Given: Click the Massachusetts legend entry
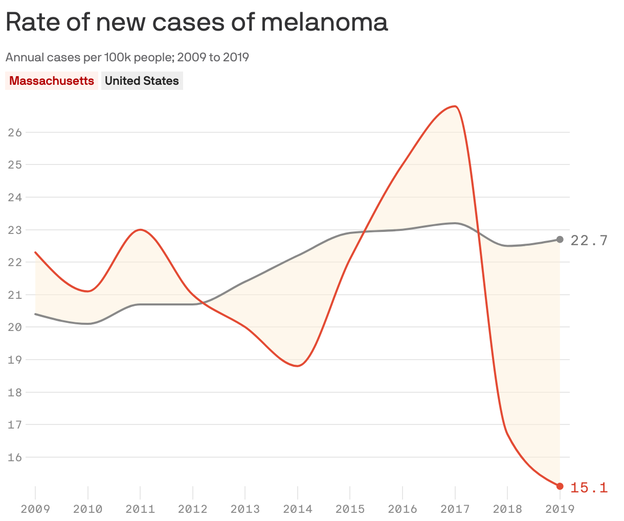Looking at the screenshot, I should (x=52, y=81).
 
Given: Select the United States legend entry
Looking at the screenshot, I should (x=142, y=81).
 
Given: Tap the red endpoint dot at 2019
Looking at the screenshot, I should (x=560, y=486).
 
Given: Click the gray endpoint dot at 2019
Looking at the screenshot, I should (x=560, y=240).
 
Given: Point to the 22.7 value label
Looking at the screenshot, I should (x=589, y=240).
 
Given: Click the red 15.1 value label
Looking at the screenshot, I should (x=589, y=487).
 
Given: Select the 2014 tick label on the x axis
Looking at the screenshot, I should (x=297, y=509).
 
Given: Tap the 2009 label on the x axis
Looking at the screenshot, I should (x=35, y=509).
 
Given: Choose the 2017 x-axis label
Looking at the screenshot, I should (x=455, y=509).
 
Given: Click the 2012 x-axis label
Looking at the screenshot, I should (x=192, y=509).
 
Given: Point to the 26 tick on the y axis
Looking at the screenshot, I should (x=15, y=132).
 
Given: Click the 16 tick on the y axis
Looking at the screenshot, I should (x=15, y=457).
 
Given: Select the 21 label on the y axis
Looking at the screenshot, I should (x=15, y=295).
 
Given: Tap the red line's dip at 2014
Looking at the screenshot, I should (x=298, y=366).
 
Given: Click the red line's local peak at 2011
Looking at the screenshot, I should (x=140, y=230).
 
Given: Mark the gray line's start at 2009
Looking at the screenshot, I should (x=35, y=314).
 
